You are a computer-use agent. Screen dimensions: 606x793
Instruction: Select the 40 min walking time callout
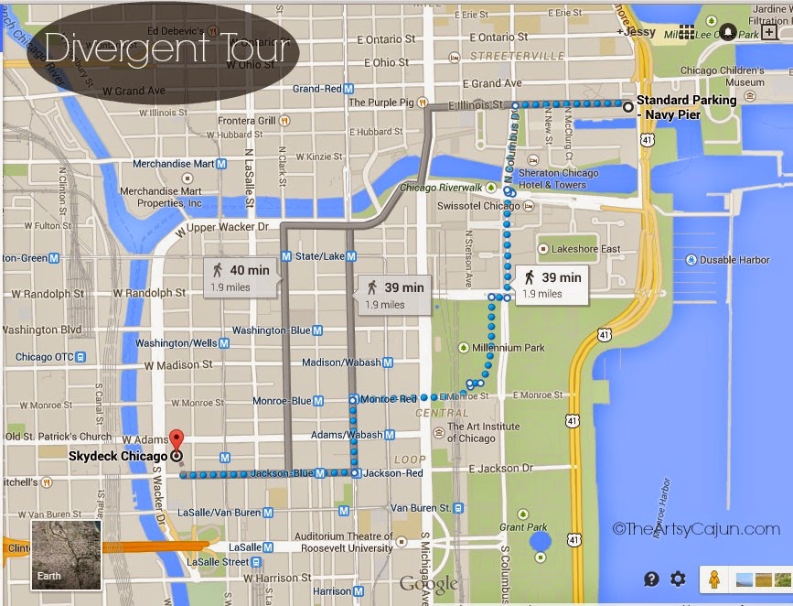click(241, 276)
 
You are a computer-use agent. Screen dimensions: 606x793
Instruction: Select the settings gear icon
click(678, 579)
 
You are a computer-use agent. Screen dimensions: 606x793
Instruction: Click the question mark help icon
click(651, 579)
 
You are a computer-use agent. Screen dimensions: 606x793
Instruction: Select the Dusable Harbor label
click(734, 260)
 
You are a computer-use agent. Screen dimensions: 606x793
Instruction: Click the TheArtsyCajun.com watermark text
click(698, 528)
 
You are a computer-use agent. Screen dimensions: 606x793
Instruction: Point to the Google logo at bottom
click(428, 583)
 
